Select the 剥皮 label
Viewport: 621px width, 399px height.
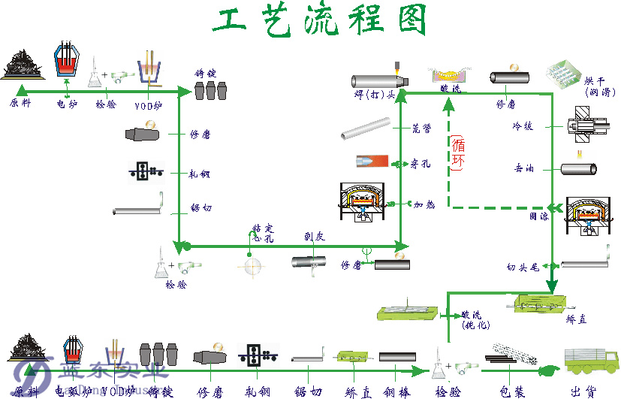pyautogui.click(x=315, y=235)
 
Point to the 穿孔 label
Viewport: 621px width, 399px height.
pyautogui.click(x=421, y=162)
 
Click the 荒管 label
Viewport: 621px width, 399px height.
pyautogui.click(x=421, y=129)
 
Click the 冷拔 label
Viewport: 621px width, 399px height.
pyautogui.click(x=523, y=126)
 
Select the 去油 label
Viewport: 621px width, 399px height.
pyautogui.click(x=523, y=169)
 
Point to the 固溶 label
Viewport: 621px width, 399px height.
pyautogui.click(x=538, y=216)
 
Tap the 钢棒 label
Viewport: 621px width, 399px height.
pyautogui.click(x=398, y=391)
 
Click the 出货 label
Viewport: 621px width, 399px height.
pyautogui.click(x=583, y=391)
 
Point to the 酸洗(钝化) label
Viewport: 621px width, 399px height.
pyautogui.click(x=475, y=320)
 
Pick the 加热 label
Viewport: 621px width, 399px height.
pyautogui.click(x=423, y=204)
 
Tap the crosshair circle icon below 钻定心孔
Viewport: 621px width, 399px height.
pyautogui.click(x=252, y=266)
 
